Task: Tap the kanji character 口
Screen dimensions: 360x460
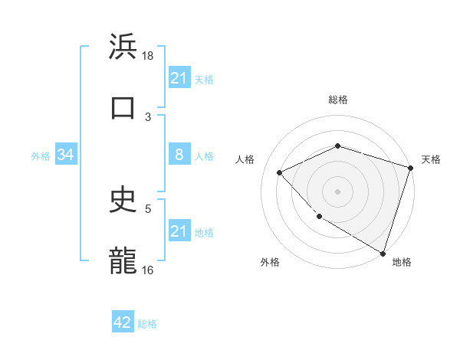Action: pyautogui.click(x=123, y=107)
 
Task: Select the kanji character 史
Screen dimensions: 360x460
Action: pyautogui.click(x=123, y=200)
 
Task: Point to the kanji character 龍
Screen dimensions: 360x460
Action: pyautogui.click(x=123, y=261)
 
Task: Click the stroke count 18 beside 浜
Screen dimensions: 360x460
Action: pyautogui.click(x=148, y=56)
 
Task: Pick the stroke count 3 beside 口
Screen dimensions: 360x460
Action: pyautogui.click(x=148, y=117)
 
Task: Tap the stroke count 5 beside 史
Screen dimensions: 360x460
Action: pyautogui.click(x=148, y=208)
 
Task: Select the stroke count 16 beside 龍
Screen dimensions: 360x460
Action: pyautogui.click(x=148, y=270)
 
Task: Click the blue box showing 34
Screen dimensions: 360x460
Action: pyautogui.click(x=66, y=155)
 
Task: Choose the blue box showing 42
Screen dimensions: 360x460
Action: pyautogui.click(x=123, y=323)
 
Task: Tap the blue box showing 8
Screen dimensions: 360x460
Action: pyautogui.click(x=179, y=155)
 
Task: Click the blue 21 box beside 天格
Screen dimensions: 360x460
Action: pyautogui.click(x=179, y=78)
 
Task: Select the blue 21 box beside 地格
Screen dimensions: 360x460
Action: pyautogui.click(x=179, y=231)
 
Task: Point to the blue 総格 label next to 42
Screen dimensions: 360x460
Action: pyautogui.click(x=147, y=324)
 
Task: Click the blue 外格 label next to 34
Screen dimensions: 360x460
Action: pyautogui.click(x=41, y=156)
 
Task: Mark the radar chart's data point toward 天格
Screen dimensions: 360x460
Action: pyautogui.click(x=411, y=169)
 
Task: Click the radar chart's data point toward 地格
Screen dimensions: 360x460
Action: pyautogui.click(x=383, y=253)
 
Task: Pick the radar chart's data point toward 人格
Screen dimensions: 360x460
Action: pyautogui.click(x=280, y=173)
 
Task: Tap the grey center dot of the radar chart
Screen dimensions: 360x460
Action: pyautogui.click(x=337, y=191)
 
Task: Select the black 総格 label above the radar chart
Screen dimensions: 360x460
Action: pyautogui.click(x=337, y=100)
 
